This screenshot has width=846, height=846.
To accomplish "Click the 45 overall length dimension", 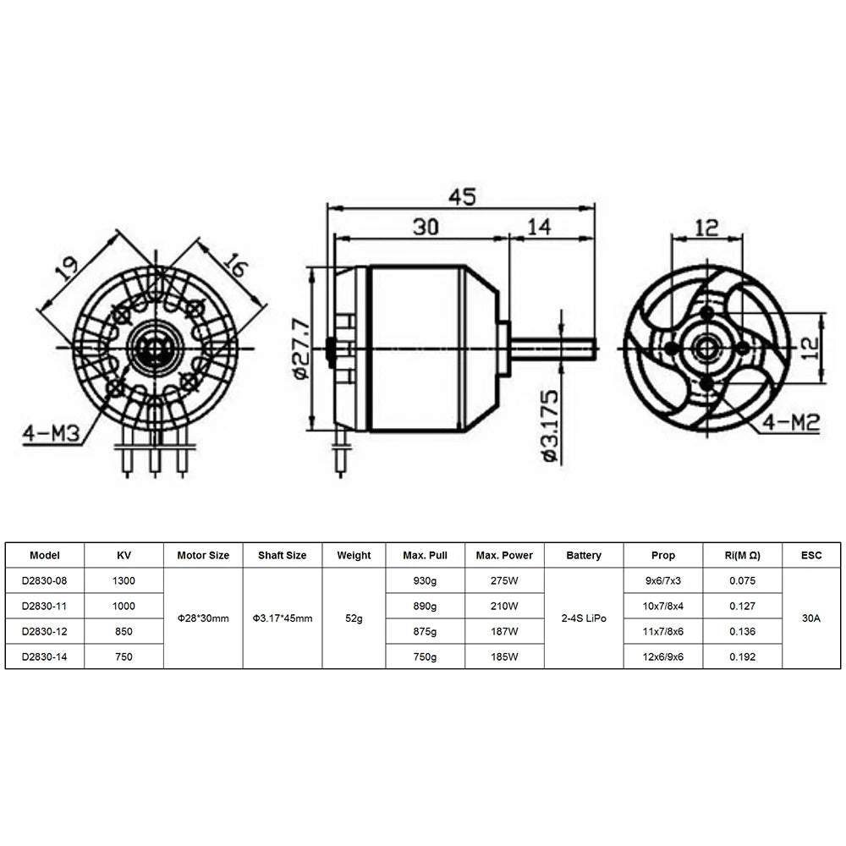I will point(461,196).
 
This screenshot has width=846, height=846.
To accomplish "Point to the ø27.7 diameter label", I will point(298,348).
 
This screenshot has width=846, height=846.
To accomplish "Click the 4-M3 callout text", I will point(52,435).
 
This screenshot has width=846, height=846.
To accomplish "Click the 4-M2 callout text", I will point(791,423).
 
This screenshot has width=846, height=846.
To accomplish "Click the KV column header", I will point(124,556).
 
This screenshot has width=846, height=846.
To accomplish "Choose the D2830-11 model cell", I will point(45,606).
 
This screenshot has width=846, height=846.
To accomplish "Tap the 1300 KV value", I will point(124,581).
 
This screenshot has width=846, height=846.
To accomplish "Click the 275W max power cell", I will point(504,581).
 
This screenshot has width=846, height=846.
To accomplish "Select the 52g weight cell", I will point(354,618).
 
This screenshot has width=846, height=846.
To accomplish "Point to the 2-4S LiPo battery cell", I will point(584,618).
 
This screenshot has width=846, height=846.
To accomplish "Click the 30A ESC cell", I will point(811,618).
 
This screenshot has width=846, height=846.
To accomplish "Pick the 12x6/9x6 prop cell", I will point(663,656).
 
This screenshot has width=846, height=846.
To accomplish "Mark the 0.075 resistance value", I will point(742,581).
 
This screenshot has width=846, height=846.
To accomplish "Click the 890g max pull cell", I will point(425,606).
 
